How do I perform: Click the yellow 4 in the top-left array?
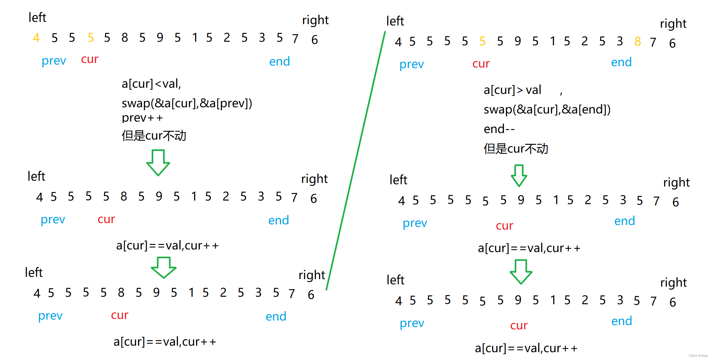click(x=36, y=38)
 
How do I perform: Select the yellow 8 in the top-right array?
click(x=638, y=41)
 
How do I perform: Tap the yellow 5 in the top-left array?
click(x=91, y=38)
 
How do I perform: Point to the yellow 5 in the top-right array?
click(x=482, y=41)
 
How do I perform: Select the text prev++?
click(x=142, y=118)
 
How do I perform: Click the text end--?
click(x=499, y=129)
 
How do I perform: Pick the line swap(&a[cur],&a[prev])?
click(x=187, y=103)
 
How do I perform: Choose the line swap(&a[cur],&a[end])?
click(x=547, y=110)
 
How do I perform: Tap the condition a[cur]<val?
click(x=151, y=84)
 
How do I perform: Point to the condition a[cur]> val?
click(x=512, y=90)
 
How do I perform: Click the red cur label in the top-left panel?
click(x=90, y=59)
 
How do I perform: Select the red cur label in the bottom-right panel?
click(x=519, y=325)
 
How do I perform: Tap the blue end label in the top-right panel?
click(x=621, y=62)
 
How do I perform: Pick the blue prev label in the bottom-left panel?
click(x=50, y=316)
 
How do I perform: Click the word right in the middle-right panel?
click(x=676, y=183)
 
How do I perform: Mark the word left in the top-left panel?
click(x=37, y=18)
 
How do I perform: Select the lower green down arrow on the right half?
click(x=521, y=272)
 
